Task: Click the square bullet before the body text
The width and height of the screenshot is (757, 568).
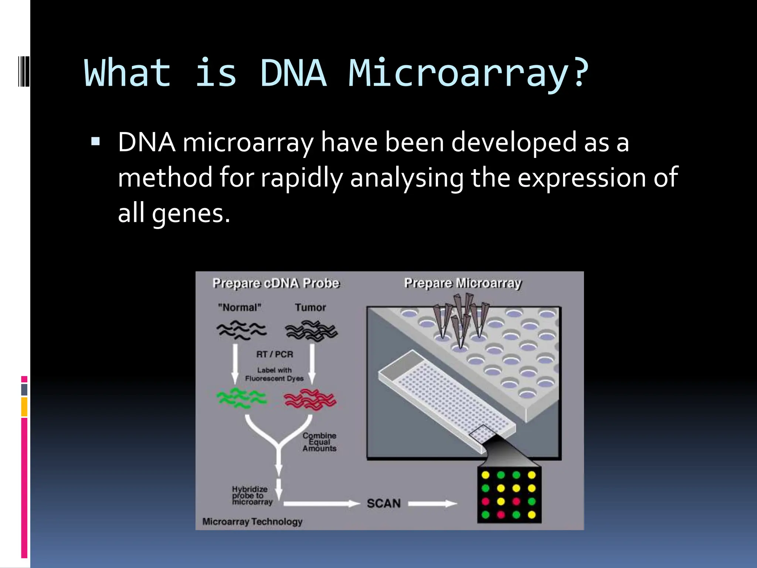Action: (x=95, y=142)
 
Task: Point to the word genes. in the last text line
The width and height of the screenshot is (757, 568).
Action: (x=191, y=214)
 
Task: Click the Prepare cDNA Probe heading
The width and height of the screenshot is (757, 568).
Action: (x=276, y=283)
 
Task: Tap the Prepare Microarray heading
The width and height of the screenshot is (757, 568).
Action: (x=462, y=283)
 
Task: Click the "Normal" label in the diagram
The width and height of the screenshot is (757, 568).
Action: (x=240, y=307)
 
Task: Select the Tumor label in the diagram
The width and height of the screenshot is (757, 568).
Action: (x=310, y=307)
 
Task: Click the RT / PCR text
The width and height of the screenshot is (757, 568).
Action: (x=275, y=354)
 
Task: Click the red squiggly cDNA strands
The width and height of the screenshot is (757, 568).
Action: (x=310, y=400)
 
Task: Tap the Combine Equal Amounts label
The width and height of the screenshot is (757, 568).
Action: (x=319, y=442)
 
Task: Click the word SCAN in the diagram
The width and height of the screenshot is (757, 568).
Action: (x=384, y=503)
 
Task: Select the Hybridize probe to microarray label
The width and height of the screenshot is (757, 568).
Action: (x=252, y=496)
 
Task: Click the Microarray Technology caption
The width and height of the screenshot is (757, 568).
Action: (x=252, y=521)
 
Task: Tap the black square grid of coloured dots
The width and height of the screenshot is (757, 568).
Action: (x=509, y=495)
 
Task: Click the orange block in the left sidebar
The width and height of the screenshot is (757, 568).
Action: (x=24, y=407)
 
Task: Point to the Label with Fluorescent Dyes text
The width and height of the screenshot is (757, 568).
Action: (x=274, y=374)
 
